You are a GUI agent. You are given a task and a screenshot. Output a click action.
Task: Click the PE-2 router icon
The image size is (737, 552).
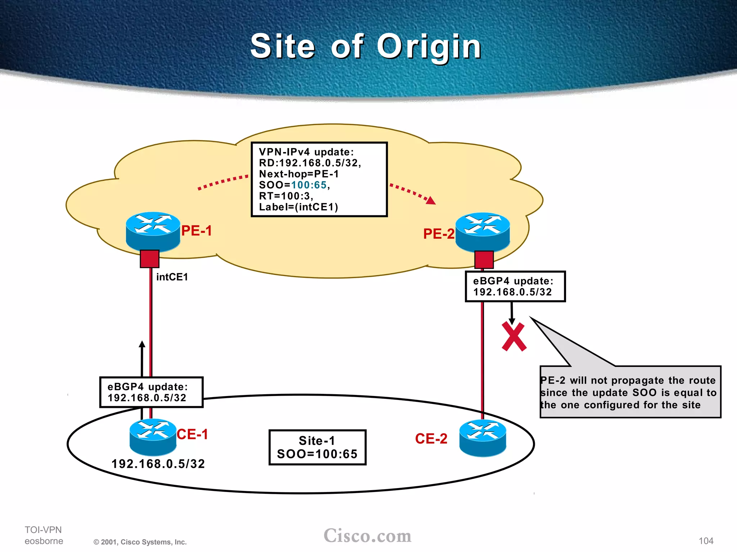coord(483,232)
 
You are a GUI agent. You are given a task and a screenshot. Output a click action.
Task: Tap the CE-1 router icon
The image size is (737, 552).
coord(153,437)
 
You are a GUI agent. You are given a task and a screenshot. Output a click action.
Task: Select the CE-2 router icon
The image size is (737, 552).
coord(483,438)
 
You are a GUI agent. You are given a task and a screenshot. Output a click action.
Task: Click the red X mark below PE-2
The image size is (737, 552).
coord(514,337)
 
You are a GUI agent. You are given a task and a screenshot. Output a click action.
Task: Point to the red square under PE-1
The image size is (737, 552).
coord(149,259)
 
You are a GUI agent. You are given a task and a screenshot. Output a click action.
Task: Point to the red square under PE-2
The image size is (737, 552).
coord(484,259)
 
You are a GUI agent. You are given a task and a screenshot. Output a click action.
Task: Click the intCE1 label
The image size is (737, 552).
coord(172,277)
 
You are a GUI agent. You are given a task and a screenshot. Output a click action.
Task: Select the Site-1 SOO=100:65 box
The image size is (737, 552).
coord(317,447)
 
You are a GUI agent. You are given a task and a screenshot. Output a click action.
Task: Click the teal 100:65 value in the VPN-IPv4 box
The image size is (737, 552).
coord(309,185)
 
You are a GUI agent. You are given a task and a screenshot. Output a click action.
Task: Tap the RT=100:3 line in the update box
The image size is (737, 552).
coord(286,196)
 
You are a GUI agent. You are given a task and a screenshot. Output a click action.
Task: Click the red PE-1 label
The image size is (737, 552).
coord(196,231)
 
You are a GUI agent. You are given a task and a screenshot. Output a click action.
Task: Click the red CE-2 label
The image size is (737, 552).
coord(431,439)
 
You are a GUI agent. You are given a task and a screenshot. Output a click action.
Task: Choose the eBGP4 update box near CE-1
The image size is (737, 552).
coord(151,392)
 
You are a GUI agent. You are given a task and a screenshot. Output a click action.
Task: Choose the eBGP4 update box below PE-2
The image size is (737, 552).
coord(515,286)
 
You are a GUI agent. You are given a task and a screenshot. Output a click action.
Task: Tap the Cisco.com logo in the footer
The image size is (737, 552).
coord(367,536)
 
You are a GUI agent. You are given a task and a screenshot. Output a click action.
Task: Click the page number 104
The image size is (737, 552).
coord(706,541)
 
